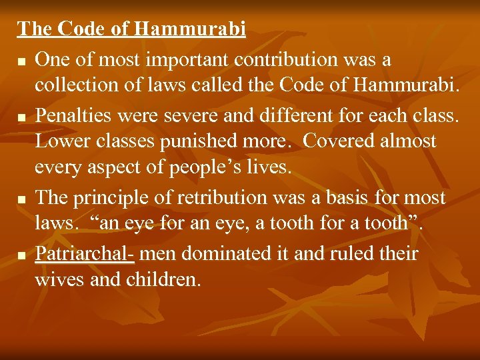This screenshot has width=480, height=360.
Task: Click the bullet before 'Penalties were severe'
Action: [x=23, y=117]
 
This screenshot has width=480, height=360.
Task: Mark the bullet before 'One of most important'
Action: [x=23, y=61]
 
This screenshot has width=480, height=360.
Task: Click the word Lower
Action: [x=59, y=141]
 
